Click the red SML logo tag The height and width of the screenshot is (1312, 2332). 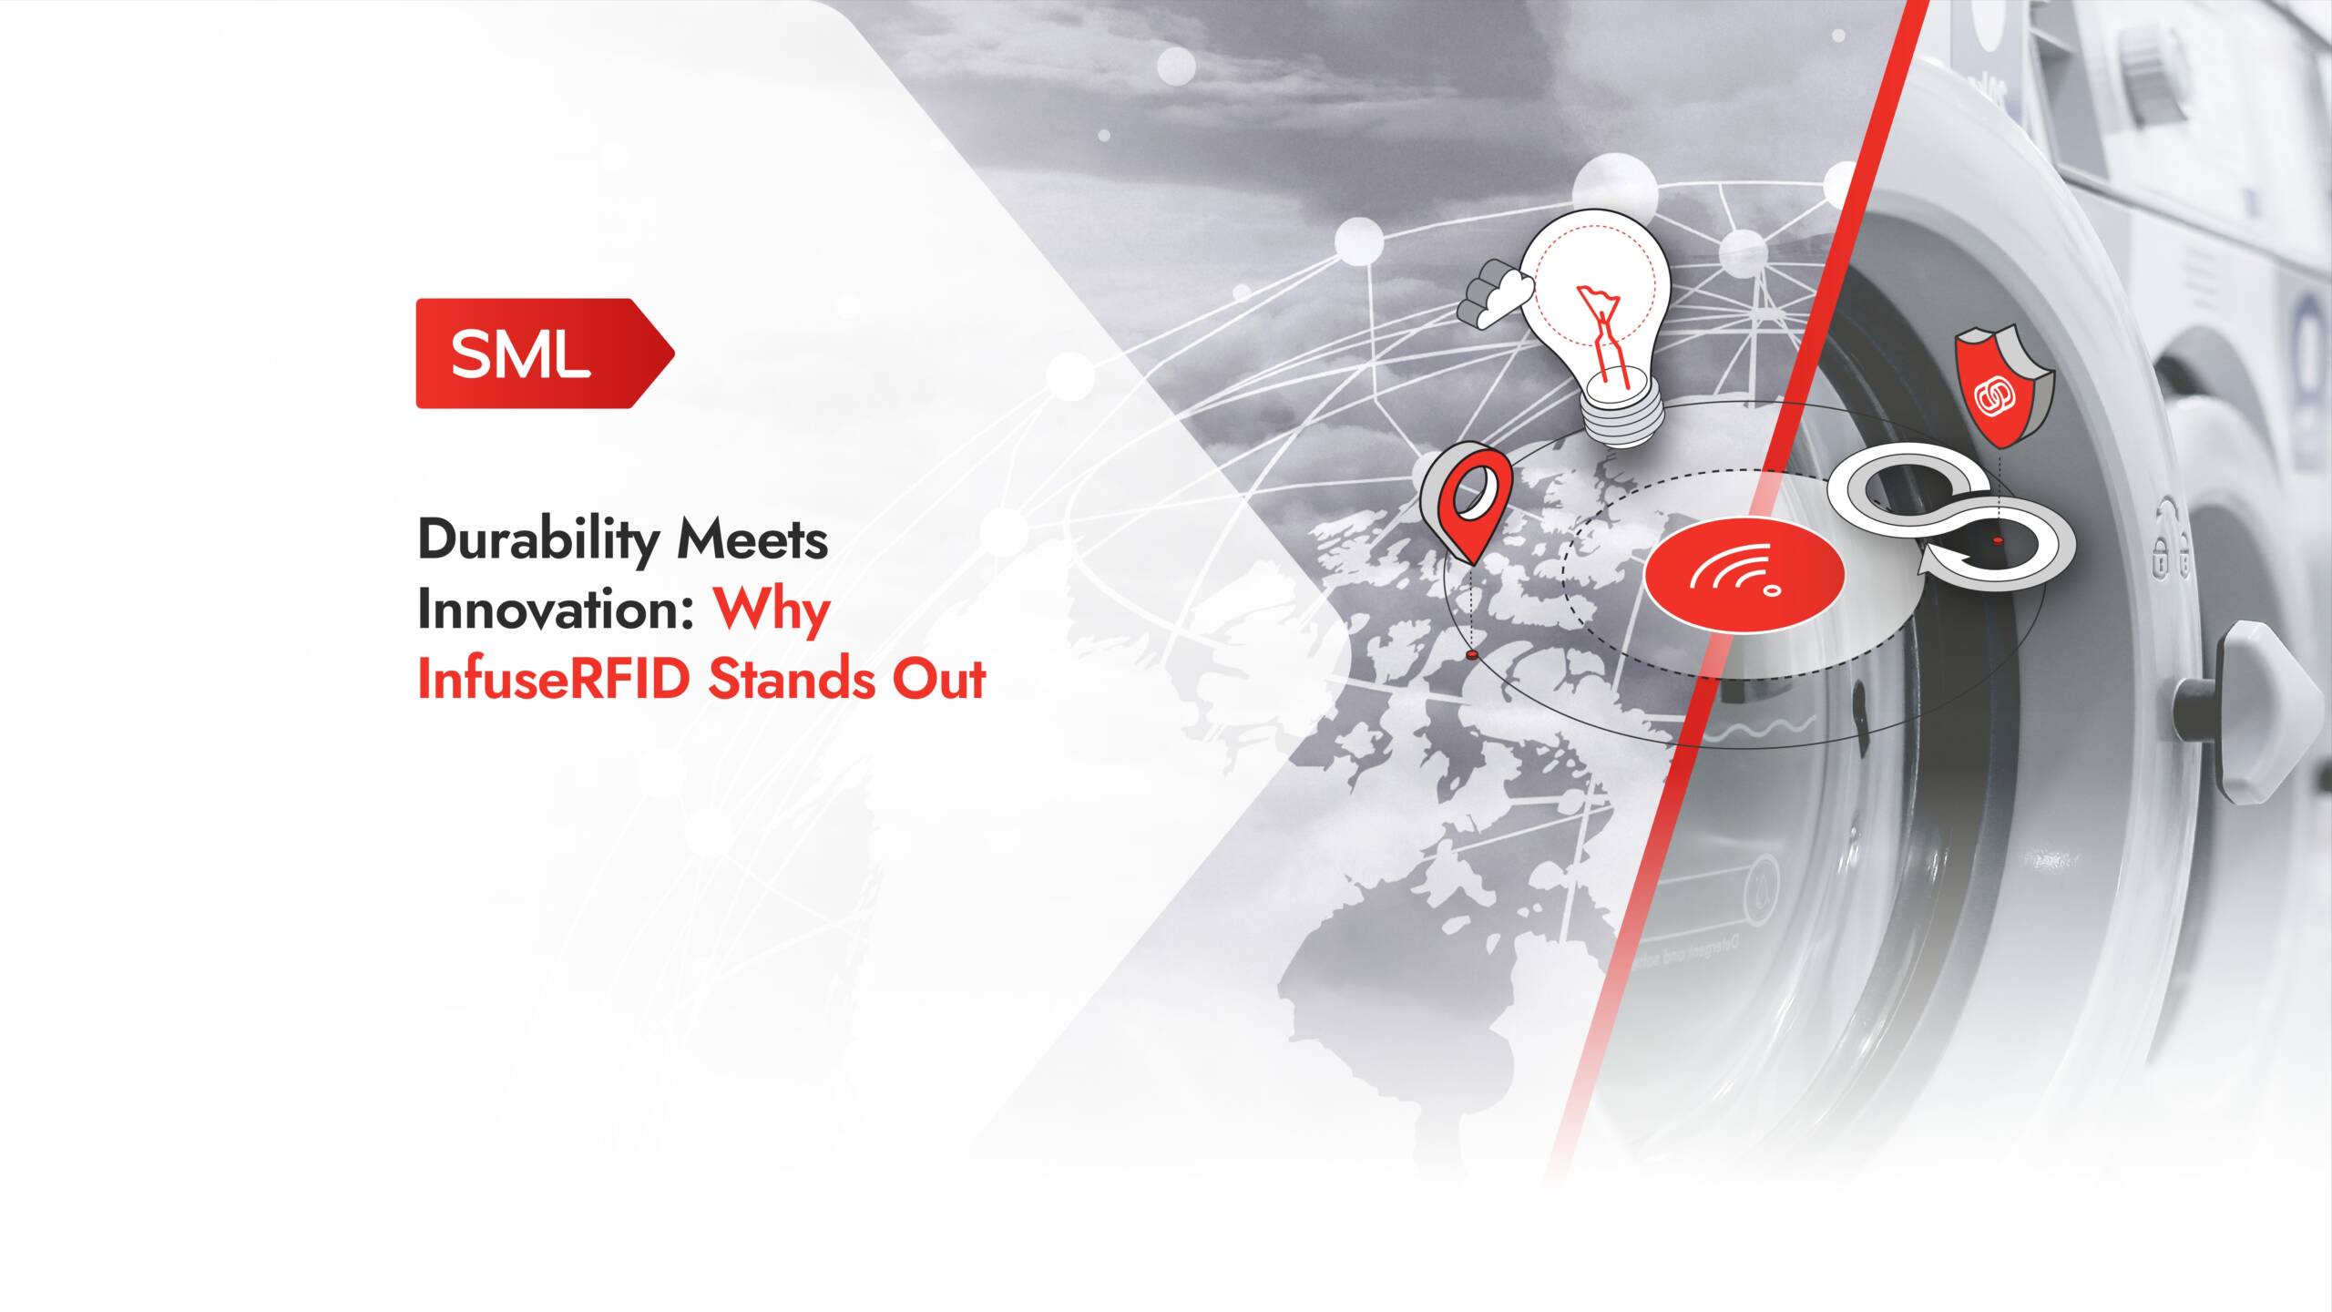(x=545, y=354)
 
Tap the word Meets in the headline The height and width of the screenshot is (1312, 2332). (x=752, y=540)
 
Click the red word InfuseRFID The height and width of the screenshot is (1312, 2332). (x=553, y=680)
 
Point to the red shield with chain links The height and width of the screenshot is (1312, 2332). (x=2003, y=388)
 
